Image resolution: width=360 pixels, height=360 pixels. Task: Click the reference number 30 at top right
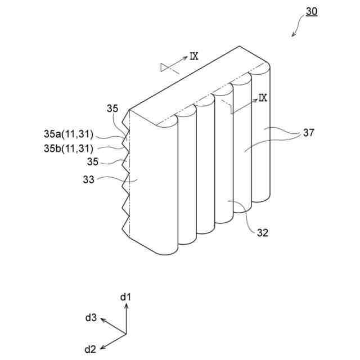311,11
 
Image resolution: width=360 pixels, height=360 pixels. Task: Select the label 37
309,133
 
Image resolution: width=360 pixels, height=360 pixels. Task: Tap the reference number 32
262,232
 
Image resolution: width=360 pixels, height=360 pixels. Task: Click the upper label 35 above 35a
112,109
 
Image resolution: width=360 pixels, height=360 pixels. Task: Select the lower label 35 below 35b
93,162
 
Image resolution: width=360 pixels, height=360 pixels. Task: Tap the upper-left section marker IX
194,55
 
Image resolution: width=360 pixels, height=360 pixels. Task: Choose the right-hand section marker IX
263,98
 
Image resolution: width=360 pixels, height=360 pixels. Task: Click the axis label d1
126,296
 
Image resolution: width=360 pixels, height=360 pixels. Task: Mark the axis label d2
90,349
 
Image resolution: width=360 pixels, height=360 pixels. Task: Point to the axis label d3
91,318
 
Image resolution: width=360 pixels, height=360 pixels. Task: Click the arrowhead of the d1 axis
127,305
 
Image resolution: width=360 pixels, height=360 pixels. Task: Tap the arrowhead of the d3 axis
103,320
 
